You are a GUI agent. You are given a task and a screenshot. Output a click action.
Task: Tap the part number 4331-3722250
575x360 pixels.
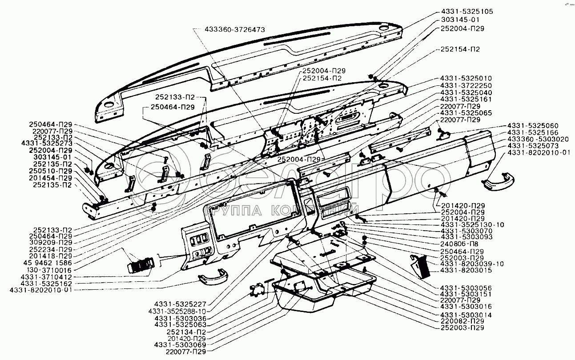click(x=466, y=85)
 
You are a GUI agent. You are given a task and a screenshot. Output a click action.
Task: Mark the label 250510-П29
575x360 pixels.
click(x=51, y=171)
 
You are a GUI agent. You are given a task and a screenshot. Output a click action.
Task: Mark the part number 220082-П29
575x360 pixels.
click(x=462, y=321)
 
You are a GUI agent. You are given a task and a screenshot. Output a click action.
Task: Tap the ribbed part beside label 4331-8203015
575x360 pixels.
click(x=419, y=266)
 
